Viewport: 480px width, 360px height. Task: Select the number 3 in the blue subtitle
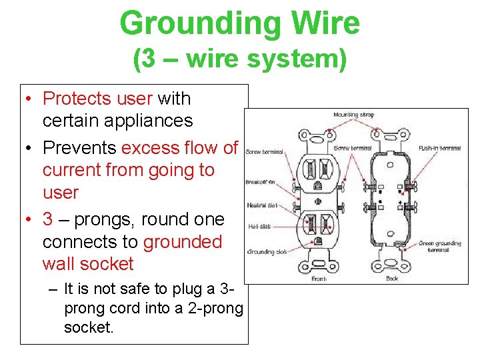coord(145,59)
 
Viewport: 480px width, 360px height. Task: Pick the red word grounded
coord(182,241)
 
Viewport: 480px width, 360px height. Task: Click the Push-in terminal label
coord(439,148)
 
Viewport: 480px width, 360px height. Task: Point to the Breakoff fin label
coord(261,181)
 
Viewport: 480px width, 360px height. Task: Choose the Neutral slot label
coord(262,205)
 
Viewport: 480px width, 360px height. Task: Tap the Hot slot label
coord(259,227)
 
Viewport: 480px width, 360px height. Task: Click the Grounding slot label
coord(267,252)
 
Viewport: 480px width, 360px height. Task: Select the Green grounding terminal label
coord(439,246)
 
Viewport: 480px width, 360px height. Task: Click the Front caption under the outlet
coord(318,277)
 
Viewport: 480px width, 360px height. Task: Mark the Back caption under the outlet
coord(392,277)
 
